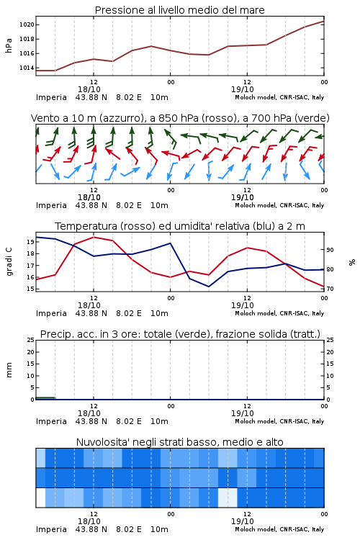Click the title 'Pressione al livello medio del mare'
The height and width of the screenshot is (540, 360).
179,10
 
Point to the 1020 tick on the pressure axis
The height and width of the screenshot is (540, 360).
27,24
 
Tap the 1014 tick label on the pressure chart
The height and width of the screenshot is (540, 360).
27,68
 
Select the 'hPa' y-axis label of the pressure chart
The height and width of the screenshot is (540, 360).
9,45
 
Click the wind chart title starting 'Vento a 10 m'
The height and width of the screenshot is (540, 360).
180,118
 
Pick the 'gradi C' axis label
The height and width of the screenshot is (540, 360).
9,261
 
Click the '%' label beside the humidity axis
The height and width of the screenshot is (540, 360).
352,262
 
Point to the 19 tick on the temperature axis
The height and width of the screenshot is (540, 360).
30,242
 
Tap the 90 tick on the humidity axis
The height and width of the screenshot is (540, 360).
330,250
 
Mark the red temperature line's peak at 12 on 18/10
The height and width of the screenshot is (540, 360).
94,237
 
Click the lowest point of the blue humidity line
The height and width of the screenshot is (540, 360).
208,287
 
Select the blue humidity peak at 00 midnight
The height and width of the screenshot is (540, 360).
170,243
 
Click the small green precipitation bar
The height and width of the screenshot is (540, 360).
45,398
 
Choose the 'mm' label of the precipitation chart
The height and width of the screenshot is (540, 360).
9,370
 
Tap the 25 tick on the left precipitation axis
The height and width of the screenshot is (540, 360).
30,340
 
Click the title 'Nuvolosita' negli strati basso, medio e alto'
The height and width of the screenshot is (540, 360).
179,442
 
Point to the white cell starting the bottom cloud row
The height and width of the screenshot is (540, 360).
40,498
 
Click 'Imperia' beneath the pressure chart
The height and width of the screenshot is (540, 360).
51,97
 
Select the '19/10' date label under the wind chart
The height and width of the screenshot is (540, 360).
242,197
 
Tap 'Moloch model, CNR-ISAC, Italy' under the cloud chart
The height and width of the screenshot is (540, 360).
279,529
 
